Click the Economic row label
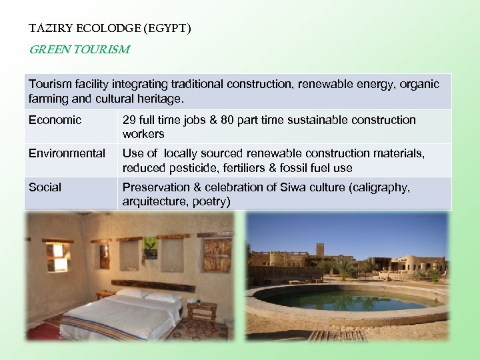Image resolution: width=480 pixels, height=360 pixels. (55, 120)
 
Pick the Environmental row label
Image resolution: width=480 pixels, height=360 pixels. (67, 153)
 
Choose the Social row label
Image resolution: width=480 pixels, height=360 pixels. (45, 187)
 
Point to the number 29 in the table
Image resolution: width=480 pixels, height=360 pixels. (129, 120)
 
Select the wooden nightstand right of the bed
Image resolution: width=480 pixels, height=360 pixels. (201, 310)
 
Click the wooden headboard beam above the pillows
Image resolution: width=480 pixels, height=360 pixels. (153, 286)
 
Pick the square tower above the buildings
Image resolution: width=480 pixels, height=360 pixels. (320, 249)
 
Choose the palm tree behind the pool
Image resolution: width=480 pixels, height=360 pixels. (345, 267)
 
